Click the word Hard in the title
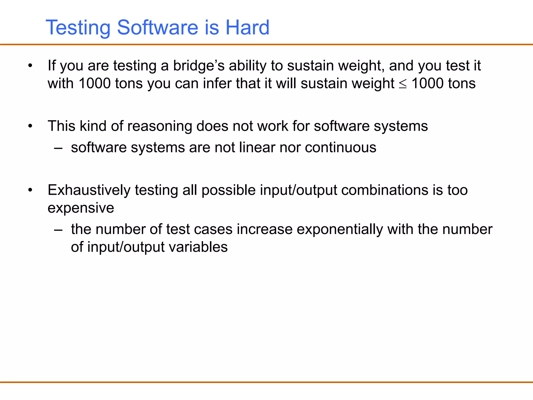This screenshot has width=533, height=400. point(247,27)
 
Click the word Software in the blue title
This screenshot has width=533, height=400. point(158,27)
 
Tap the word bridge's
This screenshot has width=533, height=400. point(199,66)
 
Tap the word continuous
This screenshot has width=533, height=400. point(340,148)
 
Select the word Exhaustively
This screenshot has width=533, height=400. point(89,190)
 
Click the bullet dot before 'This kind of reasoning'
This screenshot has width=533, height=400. point(30,126)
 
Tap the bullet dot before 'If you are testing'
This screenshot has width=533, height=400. point(30,66)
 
